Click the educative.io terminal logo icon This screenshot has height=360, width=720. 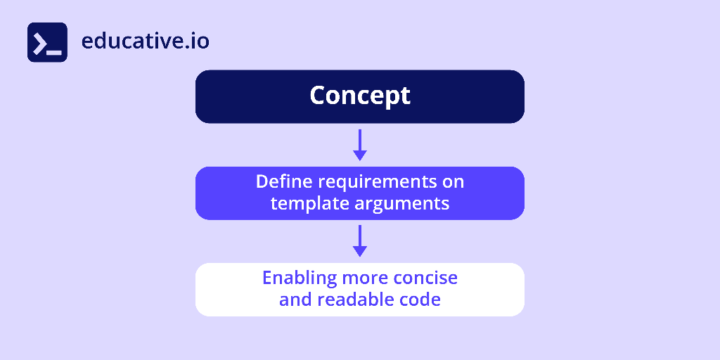(x=47, y=42)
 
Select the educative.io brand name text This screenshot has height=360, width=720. (x=145, y=41)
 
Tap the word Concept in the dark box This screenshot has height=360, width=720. (x=360, y=96)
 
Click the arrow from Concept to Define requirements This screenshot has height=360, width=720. (x=360, y=144)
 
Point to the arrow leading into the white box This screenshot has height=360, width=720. (x=360, y=240)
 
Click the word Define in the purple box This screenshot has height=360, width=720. (x=284, y=181)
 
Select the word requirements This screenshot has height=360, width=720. (x=378, y=182)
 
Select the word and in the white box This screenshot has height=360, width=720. (x=295, y=300)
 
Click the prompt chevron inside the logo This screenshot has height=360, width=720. (x=41, y=42)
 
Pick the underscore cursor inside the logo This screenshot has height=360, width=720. (x=55, y=52)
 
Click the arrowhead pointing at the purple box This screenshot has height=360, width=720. (x=360, y=155)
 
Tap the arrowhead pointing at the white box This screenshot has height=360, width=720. (x=360, y=251)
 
